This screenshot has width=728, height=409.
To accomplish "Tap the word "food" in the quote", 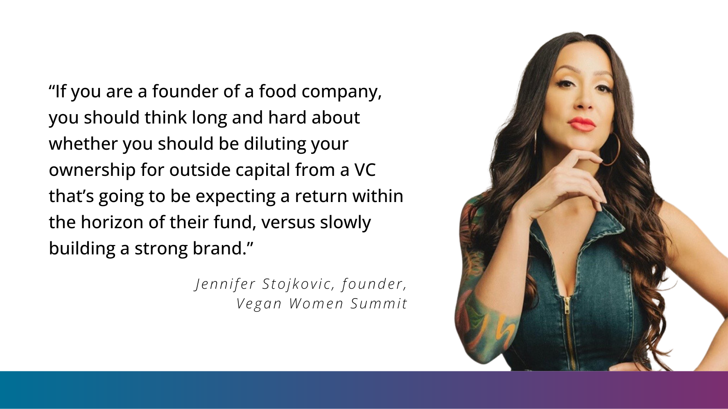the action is pyautogui.click(x=277, y=91).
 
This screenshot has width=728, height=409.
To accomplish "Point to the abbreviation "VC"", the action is pyautogui.click(x=365, y=170).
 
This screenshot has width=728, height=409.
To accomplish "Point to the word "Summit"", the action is pyautogui.click(x=379, y=304).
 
